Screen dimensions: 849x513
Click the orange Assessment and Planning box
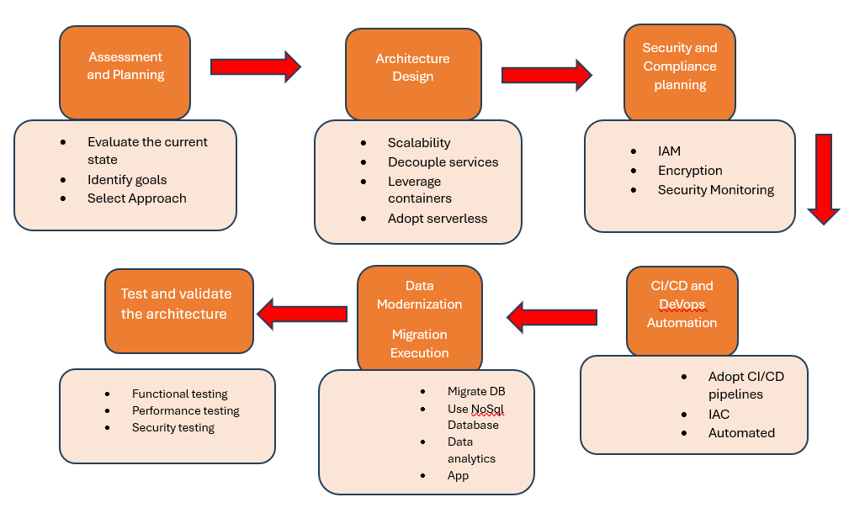125,72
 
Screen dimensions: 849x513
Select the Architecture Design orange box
413,74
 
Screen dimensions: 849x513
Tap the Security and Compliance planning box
680,72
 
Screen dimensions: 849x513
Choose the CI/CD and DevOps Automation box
682,310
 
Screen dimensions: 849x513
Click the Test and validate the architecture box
179,311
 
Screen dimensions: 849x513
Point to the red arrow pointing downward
824,178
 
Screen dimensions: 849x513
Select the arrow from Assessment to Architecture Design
256,67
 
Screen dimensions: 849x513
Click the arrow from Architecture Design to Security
547,75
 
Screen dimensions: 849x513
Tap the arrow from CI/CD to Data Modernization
552,317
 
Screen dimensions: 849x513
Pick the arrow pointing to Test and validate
302,314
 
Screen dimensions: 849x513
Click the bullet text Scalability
419,143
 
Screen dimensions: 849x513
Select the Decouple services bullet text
443,162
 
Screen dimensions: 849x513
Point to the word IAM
669,151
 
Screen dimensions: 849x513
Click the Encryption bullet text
690,171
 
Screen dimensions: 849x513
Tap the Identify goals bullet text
127,180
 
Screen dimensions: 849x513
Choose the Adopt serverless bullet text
438,219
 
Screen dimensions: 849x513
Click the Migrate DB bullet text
476,391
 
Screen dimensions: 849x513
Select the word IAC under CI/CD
719,415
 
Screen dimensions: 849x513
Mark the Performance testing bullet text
186,410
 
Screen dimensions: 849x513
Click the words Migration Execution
420,344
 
